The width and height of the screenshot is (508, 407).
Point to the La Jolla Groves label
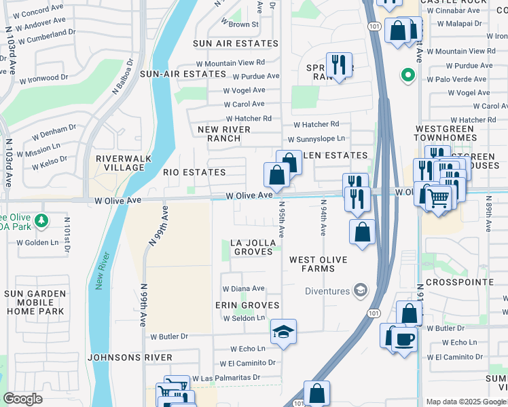tap(253, 247)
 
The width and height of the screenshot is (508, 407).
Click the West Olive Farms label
tap(318, 264)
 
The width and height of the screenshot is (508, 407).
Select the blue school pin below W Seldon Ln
tap(283, 332)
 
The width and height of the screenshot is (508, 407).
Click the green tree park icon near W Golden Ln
tap(41, 220)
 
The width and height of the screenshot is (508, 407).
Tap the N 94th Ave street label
tap(323, 217)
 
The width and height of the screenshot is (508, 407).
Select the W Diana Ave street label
tap(243, 289)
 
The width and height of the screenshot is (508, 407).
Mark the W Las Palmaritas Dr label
tap(226, 378)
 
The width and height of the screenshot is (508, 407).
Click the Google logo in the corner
tap(22, 399)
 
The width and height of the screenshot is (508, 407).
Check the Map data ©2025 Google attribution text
tap(465, 402)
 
